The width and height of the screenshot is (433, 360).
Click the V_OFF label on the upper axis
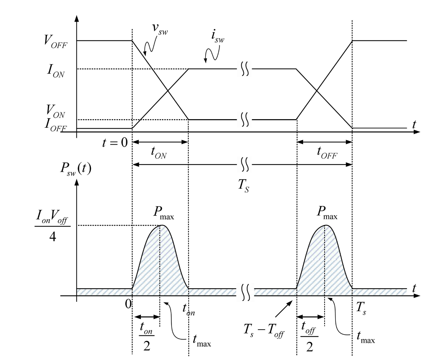click(x=56, y=42)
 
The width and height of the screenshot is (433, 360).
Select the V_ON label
click(x=55, y=111)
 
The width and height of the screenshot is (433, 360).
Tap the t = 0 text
click(x=115, y=142)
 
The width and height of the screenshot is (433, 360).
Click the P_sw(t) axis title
click(x=76, y=169)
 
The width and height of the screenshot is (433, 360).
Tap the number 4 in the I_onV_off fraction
click(x=53, y=237)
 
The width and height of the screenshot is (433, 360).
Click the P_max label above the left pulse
click(x=164, y=213)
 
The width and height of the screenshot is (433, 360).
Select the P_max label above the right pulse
click(x=327, y=213)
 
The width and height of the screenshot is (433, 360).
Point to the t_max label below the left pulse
click(x=202, y=341)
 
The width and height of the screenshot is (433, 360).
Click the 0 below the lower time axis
click(x=128, y=304)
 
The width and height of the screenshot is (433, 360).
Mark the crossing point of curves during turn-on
click(x=167, y=91)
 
